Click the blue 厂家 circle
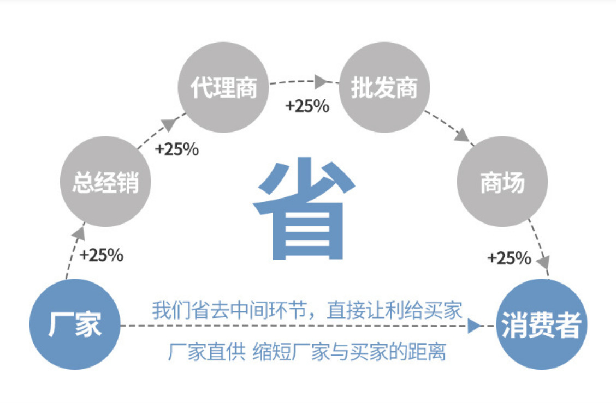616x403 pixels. tap(75, 324)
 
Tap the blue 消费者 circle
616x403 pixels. tap(541, 324)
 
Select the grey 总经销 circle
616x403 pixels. tap(105, 182)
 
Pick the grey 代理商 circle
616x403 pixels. tap(223, 87)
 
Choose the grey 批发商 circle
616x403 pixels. tap(384, 87)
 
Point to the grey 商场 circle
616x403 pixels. tap(502, 182)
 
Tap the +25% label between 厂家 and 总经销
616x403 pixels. tap(102, 255)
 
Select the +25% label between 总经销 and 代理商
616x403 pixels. tap(177, 149)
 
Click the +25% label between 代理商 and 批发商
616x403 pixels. tap(307, 106)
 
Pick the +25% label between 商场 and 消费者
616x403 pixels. tap(509, 258)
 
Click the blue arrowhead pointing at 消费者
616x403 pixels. tap(474, 326)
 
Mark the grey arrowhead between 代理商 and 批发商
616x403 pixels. tap(321, 82)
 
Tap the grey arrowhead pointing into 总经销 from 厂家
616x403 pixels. tap(79, 234)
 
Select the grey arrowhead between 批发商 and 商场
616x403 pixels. tap(463, 135)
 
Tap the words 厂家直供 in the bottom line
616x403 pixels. tap(206, 351)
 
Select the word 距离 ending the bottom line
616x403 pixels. tap(427, 351)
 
